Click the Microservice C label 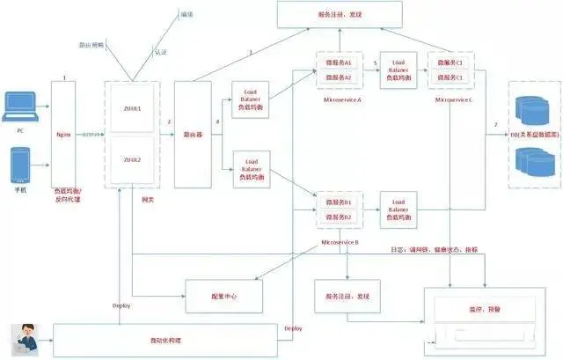click(x=454, y=99)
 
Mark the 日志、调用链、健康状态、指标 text click(x=435, y=249)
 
